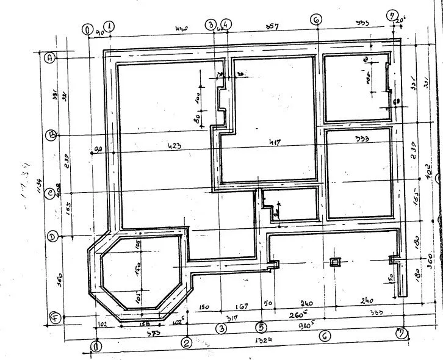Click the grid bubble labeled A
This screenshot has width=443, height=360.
tap(51, 57)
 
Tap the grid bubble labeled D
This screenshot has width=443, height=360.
tap(53, 236)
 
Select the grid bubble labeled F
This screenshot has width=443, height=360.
tap(54, 317)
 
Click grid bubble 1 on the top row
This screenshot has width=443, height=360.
tap(109, 26)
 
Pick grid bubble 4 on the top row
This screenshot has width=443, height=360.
tap(227, 25)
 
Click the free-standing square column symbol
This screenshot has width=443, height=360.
tap(334, 262)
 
